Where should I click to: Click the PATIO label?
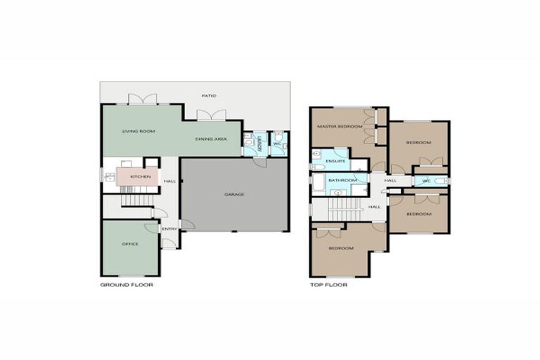(209, 95)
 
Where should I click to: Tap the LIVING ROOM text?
(138, 131)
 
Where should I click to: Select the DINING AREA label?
(211, 139)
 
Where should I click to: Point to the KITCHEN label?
(140, 176)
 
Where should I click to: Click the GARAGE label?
(234, 194)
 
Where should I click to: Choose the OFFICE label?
(130, 244)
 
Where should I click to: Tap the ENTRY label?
(169, 229)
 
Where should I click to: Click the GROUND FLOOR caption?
(127, 285)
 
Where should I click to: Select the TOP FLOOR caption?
(328, 285)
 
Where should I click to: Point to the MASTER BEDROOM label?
(340, 127)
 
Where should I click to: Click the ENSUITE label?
(336, 162)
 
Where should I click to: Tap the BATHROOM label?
(342, 181)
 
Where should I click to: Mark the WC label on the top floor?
(427, 181)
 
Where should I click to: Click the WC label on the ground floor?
(277, 145)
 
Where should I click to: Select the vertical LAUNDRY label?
(259, 145)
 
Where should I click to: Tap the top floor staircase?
(345, 206)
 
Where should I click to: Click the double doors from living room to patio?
(138, 100)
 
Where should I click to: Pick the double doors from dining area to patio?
(217, 115)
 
